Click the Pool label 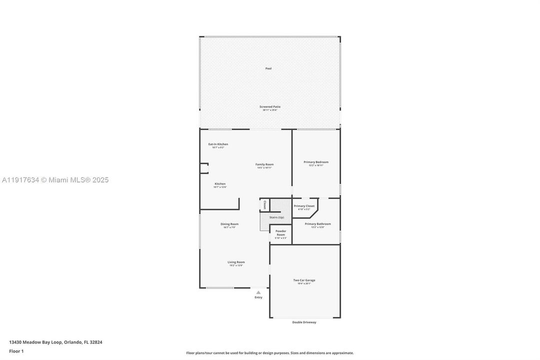268,68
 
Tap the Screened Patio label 270,106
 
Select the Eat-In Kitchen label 218,144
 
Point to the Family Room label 264,164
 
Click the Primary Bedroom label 316,162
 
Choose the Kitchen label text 220,184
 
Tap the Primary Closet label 304,206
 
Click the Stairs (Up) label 277,217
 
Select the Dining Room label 229,224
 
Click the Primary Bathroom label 318,224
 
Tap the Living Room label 236,262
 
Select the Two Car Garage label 304,280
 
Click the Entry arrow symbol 258,292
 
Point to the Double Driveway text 304,322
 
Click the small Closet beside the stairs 265,205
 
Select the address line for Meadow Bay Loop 55,342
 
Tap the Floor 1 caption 16,351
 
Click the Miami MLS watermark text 54,180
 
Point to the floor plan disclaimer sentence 270,353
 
